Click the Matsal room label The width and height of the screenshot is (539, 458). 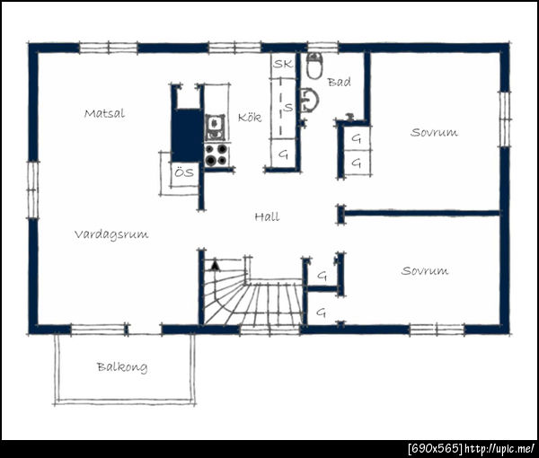pos(104,113)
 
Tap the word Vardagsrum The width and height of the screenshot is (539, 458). pos(111,234)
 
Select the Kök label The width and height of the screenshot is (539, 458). pos(250,117)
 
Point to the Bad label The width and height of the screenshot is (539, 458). pos(339,82)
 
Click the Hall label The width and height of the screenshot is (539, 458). pos(267,216)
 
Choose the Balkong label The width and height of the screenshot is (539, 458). pos(122,367)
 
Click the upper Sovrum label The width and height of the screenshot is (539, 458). pos(434,132)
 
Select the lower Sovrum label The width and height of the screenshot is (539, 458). pos(425,270)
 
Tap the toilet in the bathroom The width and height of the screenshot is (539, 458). pos(314,66)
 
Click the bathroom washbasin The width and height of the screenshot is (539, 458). pos(310,101)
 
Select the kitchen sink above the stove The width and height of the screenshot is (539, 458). pos(216,128)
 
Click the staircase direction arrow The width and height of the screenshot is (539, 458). pos(216,266)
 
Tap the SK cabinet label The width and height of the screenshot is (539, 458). pos(283,64)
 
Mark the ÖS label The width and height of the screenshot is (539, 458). pos(184,172)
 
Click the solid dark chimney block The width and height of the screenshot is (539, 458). pos(188,136)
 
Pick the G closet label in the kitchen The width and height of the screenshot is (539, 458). pos(283,154)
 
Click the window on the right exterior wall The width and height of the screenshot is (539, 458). pos(505,119)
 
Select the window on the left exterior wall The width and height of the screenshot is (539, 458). pos(33,189)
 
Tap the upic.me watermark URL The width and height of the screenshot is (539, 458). pos(499,449)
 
